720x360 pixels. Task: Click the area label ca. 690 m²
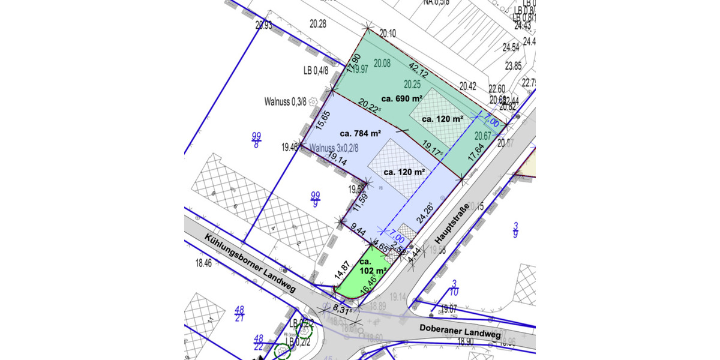click(402, 98)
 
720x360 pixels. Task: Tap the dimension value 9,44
click(358, 229)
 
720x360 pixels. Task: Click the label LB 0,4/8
click(316, 70)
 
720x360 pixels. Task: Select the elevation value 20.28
click(318, 24)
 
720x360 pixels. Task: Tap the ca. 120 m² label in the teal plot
click(442, 119)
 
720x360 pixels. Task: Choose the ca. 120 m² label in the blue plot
click(404, 172)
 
